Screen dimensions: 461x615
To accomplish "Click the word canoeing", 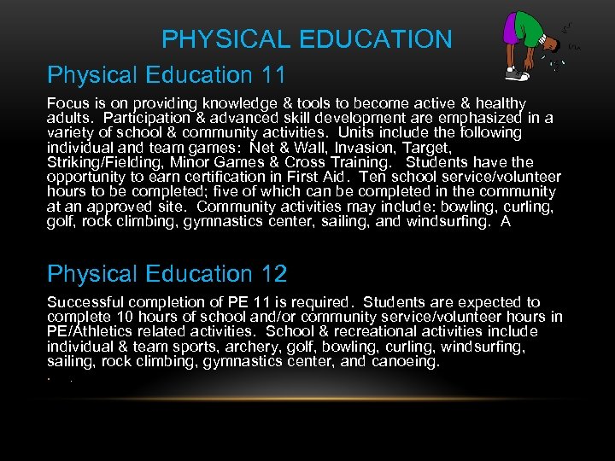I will [402, 360].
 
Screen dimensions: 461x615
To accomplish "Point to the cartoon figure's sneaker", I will [516, 75].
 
